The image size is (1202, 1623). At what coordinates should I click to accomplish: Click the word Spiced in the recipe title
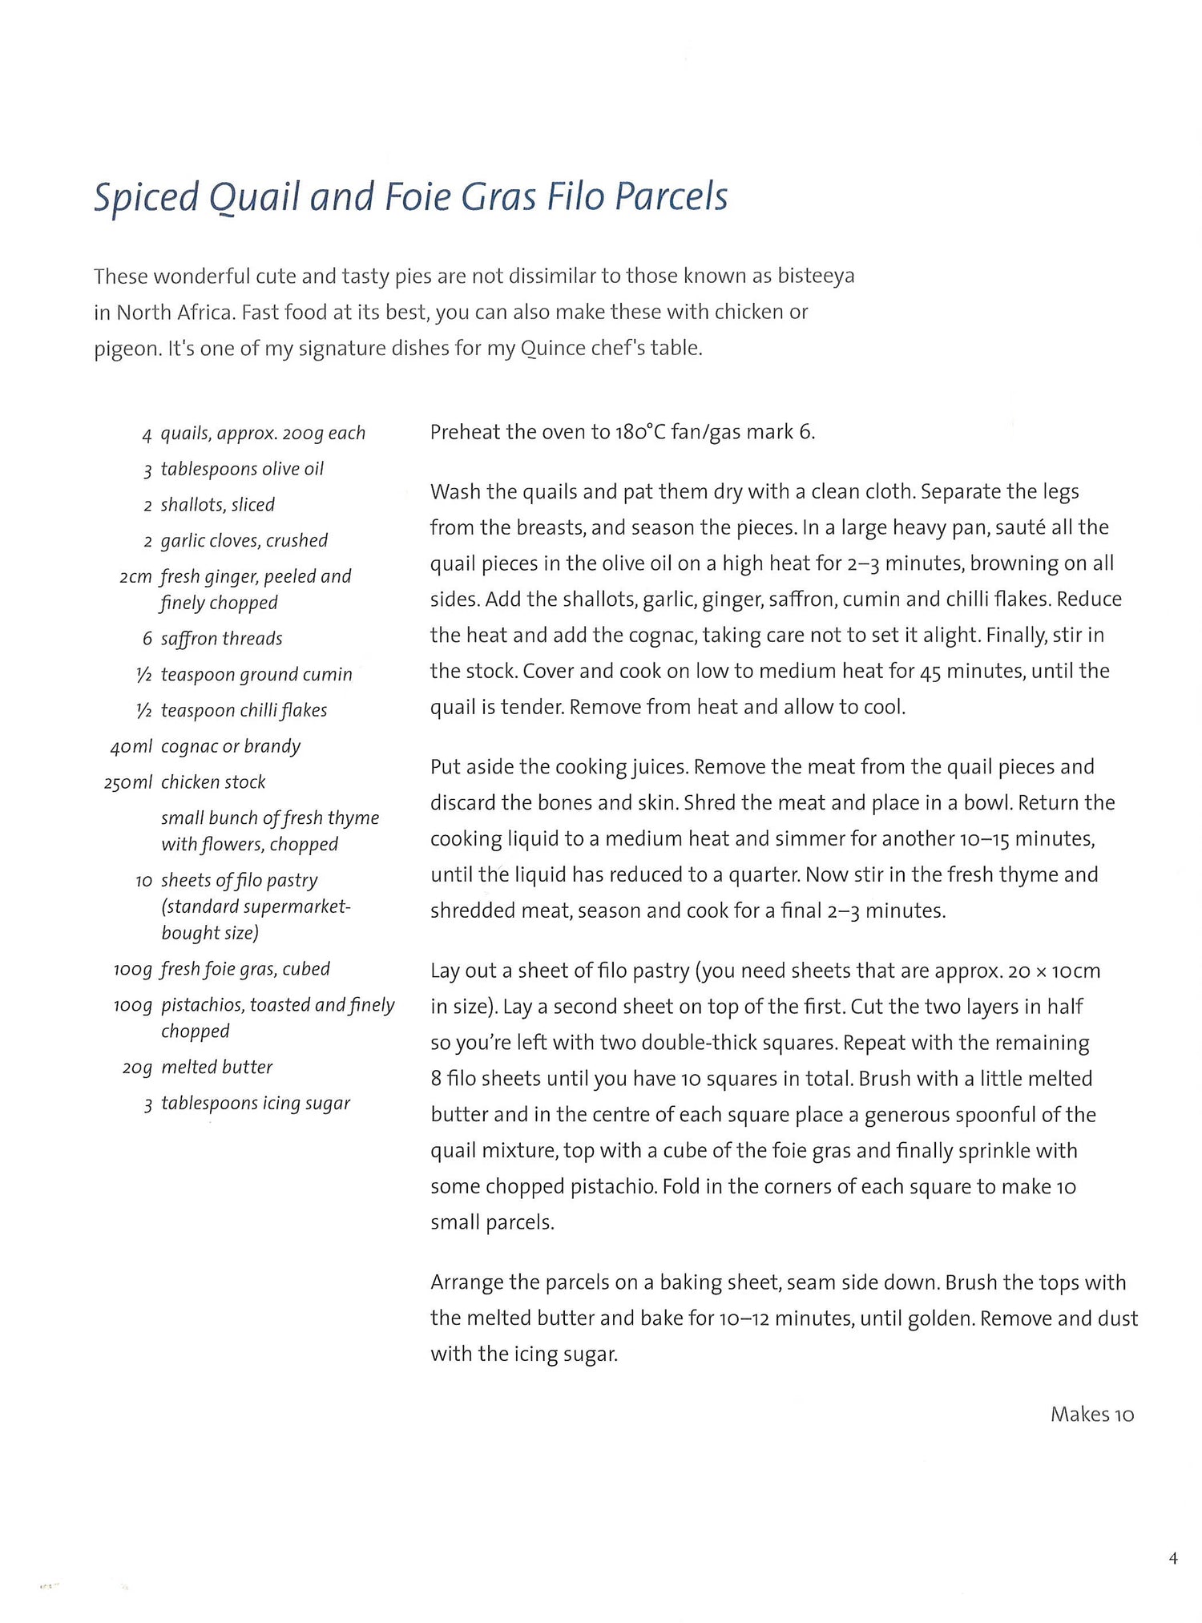click(146, 197)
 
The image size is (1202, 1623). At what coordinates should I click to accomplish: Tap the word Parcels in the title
click(671, 197)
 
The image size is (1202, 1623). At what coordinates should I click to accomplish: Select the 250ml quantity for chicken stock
click(128, 782)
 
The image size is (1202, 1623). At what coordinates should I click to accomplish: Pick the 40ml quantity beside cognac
click(131, 747)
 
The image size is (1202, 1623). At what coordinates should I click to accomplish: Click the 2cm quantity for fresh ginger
click(135, 576)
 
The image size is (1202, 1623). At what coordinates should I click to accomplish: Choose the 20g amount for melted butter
click(137, 1068)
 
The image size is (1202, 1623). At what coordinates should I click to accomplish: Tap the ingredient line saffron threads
click(221, 639)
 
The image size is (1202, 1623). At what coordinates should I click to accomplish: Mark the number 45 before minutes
click(930, 671)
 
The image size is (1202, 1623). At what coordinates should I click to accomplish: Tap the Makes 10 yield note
click(1091, 1415)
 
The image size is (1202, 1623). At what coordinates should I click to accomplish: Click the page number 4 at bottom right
click(1173, 1559)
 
